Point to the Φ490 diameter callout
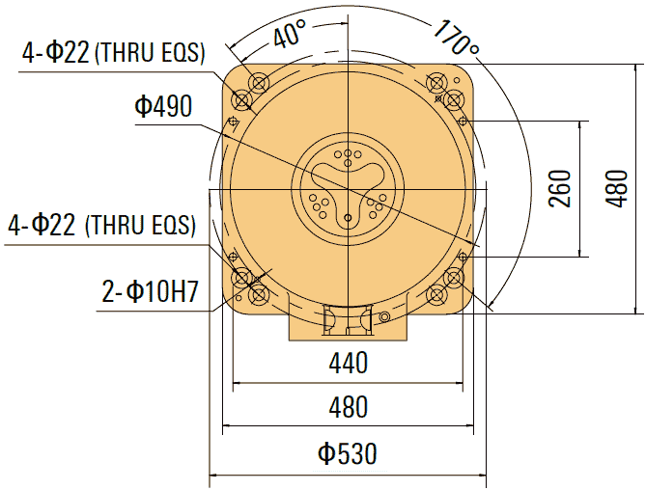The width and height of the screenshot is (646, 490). click(x=163, y=106)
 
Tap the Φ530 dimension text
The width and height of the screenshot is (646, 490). click(x=348, y=453)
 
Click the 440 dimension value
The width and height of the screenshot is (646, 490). click(x=348, y=364)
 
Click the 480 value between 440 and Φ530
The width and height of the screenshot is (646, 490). click(x=348, y=407)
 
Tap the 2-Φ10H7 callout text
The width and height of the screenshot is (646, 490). click(x=150, y=291)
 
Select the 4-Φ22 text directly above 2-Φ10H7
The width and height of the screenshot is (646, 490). click(x=42, y=226)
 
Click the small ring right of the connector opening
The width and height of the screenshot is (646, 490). click(x=385, y=317)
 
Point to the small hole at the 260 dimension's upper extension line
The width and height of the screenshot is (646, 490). click(x=463, y=121)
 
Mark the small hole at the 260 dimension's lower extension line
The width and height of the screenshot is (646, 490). click(x=463, y=257)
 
